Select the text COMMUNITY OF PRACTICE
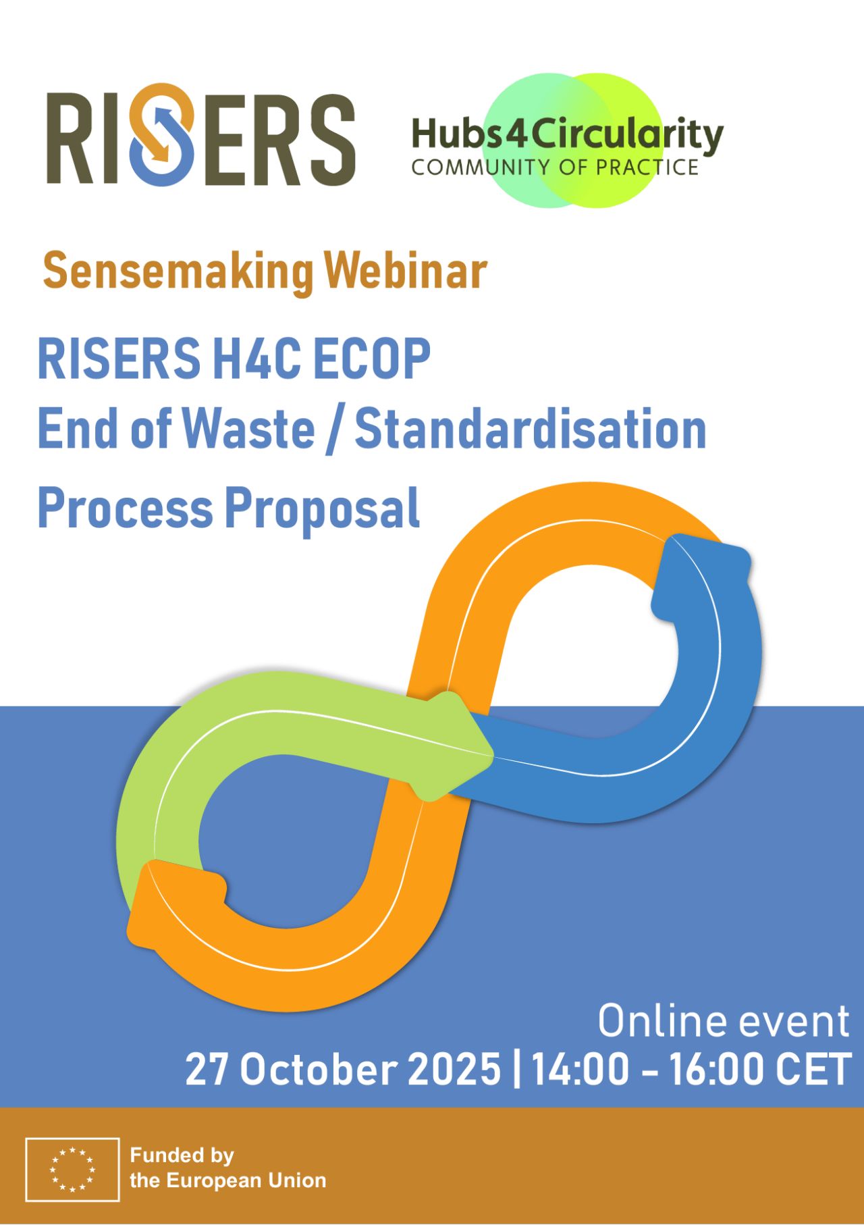pos(555,167)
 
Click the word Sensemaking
pos(178,271)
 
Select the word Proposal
pos(322,511)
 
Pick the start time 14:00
pos(580,1069)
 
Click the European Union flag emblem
pos(73,1169)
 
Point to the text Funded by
pos(182,1155)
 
